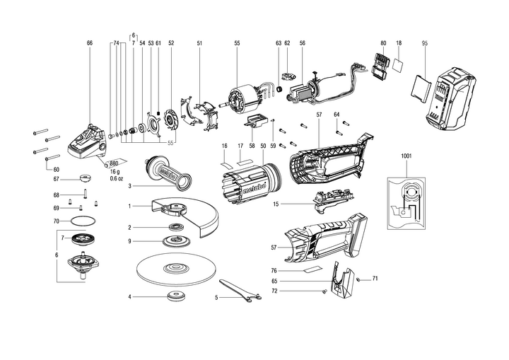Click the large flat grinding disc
pyautogui.click(x=172, y=269)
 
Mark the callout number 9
pyautogui.click(x=130, y=241)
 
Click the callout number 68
pyautogui.click(x=57, y=194)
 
